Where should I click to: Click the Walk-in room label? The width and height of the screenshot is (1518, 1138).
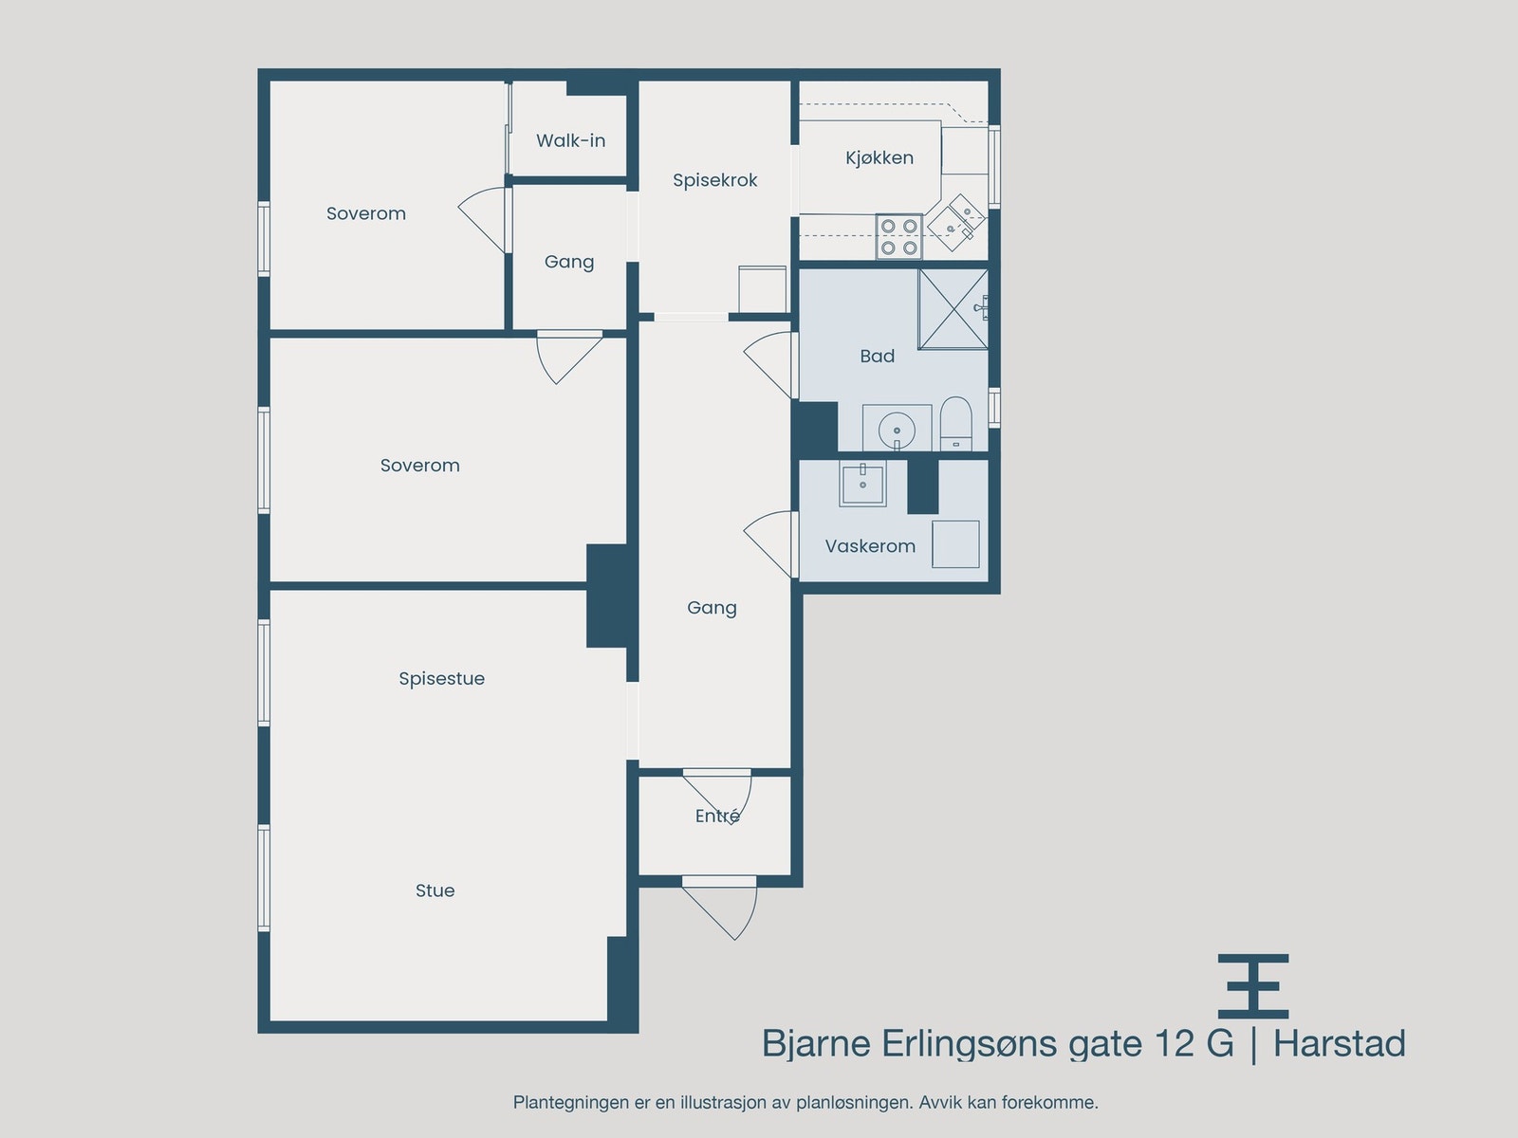pos(570,140)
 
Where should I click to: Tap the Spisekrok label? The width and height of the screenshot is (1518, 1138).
pos(714,180)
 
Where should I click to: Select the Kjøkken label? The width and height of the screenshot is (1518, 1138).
pos(879,158)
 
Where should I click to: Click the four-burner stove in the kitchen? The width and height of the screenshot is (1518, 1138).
pos(898,236)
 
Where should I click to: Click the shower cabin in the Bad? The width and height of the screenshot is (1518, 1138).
pos(953,309)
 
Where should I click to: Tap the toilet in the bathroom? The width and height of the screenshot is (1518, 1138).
pos(955,423)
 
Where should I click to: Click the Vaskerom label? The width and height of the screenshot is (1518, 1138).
pos(870,546)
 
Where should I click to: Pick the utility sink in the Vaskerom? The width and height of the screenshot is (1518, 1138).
pos(862,485)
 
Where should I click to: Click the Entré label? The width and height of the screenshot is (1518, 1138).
pos(717,816)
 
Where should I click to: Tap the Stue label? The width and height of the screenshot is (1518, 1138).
pos(435,890)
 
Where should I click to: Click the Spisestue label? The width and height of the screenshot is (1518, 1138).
pos(441,679)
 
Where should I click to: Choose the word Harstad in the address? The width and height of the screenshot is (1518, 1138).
pos(1339,1043)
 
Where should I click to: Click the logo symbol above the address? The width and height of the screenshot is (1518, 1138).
pos(1253,986)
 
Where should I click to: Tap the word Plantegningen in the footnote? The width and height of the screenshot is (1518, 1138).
pos(570,1103)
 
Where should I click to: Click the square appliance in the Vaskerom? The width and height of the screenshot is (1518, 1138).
pos(954,543)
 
